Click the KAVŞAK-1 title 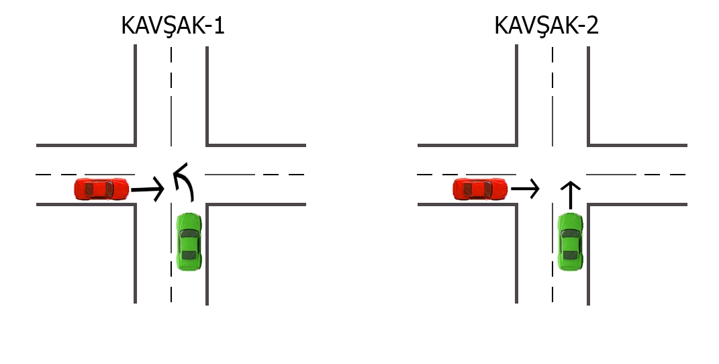click(173, 26)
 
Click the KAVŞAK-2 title click(546, 26)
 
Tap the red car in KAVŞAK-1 click(101, 189)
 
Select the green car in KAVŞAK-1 click(189, 242)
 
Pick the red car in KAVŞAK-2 click(480, 189)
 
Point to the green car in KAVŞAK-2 click(570, 242)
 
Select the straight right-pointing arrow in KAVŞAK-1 click(147, 189)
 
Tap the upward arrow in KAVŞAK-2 click(571, 195)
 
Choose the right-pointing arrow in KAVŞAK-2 click(525, 189)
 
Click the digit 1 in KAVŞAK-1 click(219, 26)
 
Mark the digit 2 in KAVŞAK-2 click(592, 26)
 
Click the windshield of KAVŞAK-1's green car click(189, 234)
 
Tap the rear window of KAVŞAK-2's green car click(570, 255)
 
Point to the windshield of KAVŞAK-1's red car click(109, 189)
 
